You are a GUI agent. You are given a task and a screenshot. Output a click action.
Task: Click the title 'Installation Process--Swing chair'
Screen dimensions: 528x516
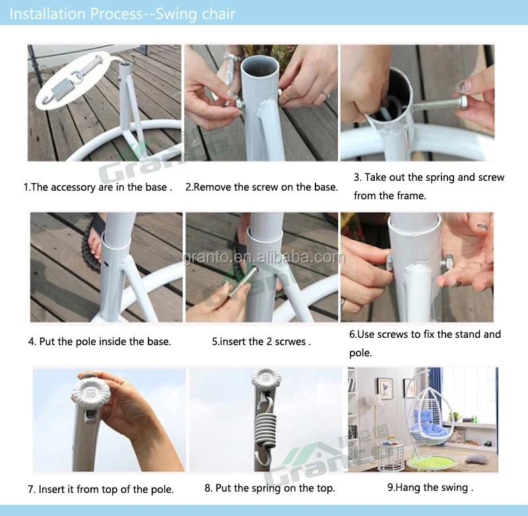[x=122, y=14]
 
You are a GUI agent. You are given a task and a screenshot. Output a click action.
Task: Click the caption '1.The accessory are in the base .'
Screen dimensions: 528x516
[x=98, y=187]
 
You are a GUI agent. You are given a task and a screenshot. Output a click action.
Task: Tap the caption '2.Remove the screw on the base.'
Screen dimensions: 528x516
[x=261, y=187]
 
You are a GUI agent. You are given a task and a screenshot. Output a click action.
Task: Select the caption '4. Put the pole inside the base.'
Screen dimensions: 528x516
[x=100, y=342]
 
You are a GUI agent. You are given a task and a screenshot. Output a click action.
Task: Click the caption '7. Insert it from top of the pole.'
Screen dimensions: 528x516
[x=101, y=489]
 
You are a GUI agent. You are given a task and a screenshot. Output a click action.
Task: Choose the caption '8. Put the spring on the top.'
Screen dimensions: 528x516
[x=270, y=488]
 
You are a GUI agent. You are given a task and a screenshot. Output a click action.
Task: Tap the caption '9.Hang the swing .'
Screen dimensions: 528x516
[x=430, y=488]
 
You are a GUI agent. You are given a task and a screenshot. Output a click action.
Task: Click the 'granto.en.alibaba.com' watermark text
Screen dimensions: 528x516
[x=265, y=257]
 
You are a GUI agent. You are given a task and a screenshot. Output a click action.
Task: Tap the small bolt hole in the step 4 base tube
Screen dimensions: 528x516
[x=107, y=264]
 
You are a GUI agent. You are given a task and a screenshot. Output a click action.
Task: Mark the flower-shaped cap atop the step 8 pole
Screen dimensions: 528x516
[x=267, y=378]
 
